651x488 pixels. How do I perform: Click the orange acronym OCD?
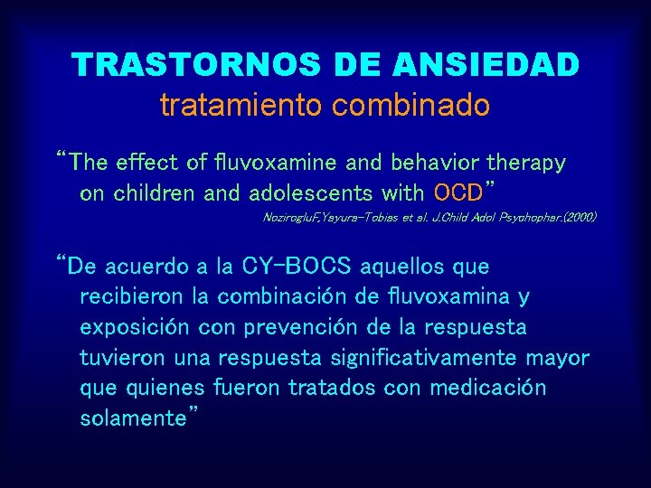pos(458,192)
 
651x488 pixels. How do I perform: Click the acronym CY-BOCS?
pos(298,267)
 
